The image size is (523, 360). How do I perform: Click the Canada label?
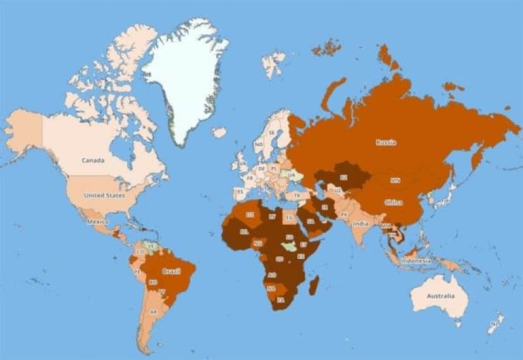[93, 160]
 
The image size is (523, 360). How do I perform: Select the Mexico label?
[99, 222]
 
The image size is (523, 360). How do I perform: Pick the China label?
[393, 202]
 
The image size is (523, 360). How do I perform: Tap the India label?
[360, 223]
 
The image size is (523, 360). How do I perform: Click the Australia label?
[440, 296]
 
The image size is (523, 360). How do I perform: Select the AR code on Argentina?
[154, 311]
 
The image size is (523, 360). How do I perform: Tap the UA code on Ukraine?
[291, 174]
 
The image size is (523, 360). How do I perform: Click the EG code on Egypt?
[290, 218]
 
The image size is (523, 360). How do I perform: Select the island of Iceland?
[219, 132]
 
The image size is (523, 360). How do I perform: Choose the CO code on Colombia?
[140, 251]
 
